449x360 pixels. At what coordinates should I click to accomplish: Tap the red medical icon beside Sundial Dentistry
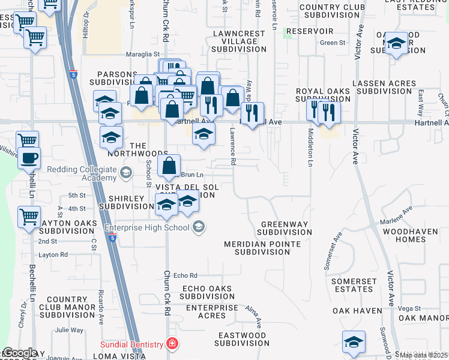pyautogui.click(x=173, y=344)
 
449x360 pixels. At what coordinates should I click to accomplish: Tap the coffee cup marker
pyautogui.click(x=29, y=159)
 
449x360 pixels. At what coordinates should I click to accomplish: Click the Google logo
pyautogui.click(x=19, y=353)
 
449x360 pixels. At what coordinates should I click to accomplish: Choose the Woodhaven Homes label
pyautogui.click(x=412, y=235)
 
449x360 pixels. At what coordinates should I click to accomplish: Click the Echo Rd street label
pyautogui.click(x=185, y=275)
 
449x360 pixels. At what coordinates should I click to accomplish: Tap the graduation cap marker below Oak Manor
pyautogui.click(x=354, y=342)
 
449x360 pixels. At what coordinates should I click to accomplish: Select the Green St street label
pyautogui.click(x=333, y=43)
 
